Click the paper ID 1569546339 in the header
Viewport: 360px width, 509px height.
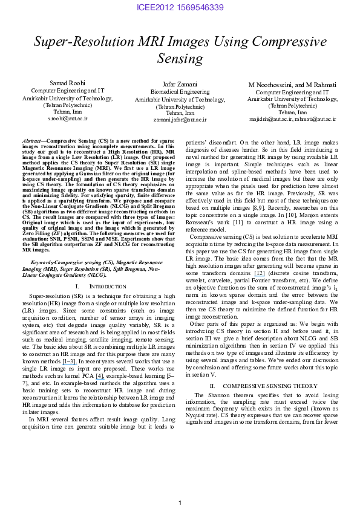[x=198, y=8]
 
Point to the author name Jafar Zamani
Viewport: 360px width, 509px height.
[x=180, y=84]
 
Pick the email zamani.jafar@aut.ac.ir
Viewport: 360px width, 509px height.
[x=180, y=120]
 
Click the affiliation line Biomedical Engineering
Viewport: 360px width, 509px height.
[x=180, y=92]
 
